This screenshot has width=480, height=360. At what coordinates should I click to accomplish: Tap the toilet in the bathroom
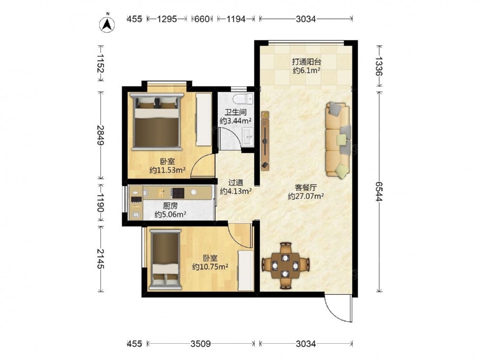(243, 99)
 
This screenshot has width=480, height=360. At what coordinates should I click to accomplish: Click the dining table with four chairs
(286, 265)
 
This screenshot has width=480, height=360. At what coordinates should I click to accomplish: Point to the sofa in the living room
(338, 140)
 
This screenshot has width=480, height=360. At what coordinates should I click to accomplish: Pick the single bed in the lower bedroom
(165, 260)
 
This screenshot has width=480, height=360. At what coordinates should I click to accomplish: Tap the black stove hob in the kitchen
(178, 193)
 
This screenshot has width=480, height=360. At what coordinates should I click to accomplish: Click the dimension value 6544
(379, 192)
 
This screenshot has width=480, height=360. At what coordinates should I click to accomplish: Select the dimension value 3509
(201, 344)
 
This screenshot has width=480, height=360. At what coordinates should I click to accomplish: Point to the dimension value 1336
(379, 66)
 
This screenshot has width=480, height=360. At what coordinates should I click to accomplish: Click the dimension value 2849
(100, 135)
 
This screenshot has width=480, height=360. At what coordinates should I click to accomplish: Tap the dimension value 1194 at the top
(236, 19)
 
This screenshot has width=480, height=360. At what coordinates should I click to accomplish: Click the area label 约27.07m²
(306, 196)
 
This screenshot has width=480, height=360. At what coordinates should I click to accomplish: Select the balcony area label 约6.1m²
(306, 71)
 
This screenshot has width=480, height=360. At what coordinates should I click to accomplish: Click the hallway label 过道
(236, 183)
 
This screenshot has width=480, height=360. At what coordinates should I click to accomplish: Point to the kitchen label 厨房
(170, 206)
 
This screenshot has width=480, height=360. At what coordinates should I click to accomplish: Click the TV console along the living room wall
(265, 141)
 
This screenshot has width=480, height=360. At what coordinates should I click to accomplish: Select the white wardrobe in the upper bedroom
(204, 120)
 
